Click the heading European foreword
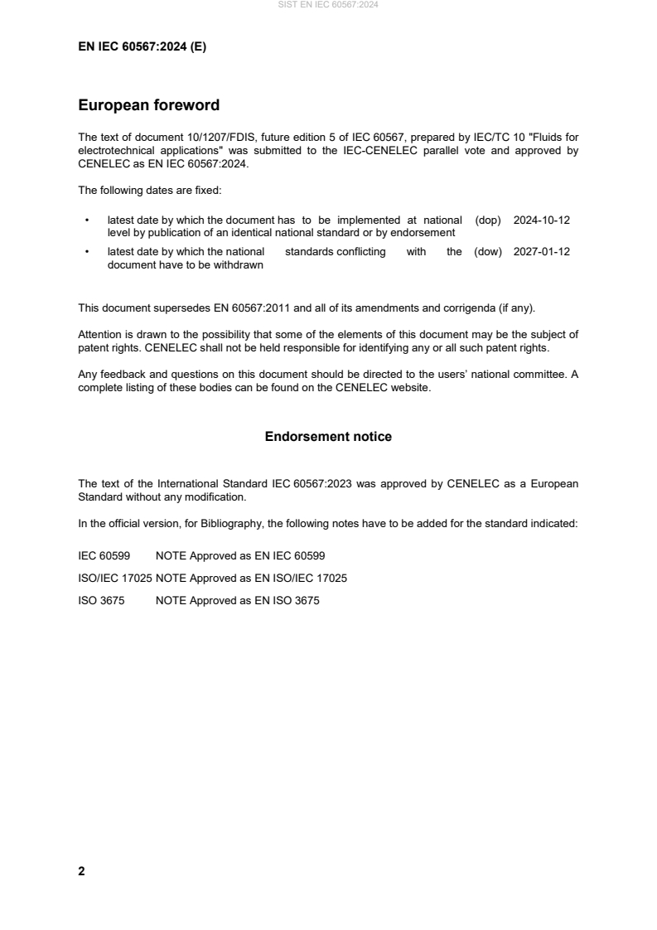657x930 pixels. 148,106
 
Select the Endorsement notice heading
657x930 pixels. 328,437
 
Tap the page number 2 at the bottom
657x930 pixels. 81,871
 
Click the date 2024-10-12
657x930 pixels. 542,220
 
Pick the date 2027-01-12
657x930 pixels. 542,252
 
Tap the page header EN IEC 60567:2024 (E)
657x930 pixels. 142,47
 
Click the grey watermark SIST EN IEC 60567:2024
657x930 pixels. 328,5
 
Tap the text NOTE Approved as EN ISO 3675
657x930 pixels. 237,601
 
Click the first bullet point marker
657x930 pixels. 87,221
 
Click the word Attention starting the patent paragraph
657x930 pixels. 98,335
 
